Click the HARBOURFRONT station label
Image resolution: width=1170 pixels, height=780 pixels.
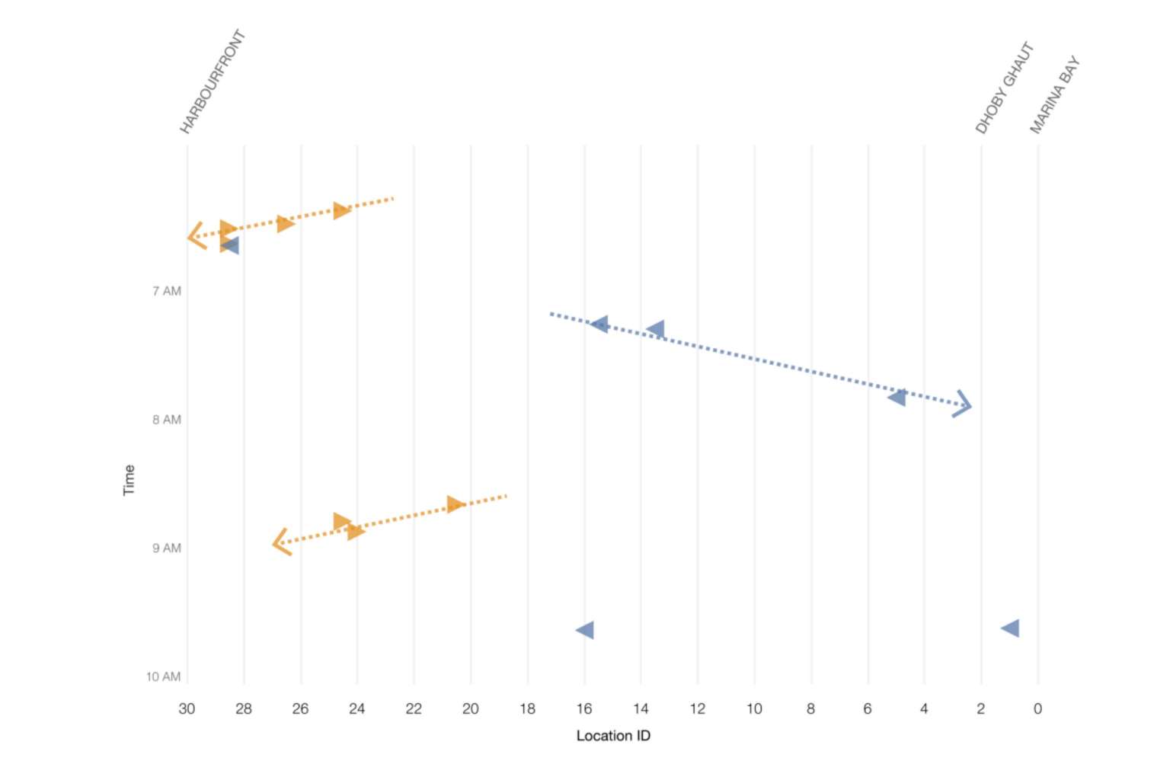click(x=213, y=82)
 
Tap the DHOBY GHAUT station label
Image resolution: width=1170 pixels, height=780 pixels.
click(x=1004, y=88)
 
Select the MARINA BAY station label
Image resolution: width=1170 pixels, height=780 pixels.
click(x=1055, y=94)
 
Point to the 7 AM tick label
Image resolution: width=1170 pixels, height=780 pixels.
click(x=167, y=291)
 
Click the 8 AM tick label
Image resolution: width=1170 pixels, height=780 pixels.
click(x=167, y=420)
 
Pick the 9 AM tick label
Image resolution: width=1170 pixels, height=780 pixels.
click(x=167, y=548)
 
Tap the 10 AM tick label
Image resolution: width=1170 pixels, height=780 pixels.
click(x=164, y=677)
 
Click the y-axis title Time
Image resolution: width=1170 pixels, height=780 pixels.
click(x=129, y=480)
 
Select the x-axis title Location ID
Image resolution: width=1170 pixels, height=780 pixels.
click(x=613, y=736)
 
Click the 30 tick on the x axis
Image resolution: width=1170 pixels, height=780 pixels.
click(x=187, y=709)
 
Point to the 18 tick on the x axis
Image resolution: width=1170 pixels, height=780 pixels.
click(x=527, y=709)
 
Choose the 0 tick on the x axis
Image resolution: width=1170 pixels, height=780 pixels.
click(x=1037, y=709)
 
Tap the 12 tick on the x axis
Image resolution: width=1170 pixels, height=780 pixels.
click(x=698, y=709)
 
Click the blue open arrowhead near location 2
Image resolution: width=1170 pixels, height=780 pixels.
click(x=964, y=404)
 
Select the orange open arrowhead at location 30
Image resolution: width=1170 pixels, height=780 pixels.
click(x=195, y=236)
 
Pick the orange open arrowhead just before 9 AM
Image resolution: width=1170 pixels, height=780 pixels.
click(x=280, y=542)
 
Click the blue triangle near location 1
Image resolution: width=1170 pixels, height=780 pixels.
click(x=1011, y=628)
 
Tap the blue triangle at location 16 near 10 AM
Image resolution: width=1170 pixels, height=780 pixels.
click(x=585, y=630)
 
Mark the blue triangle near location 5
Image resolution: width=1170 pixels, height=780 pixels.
click(x=897, y=397)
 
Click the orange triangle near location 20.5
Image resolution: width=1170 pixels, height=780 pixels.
click(x=455, y=504)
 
